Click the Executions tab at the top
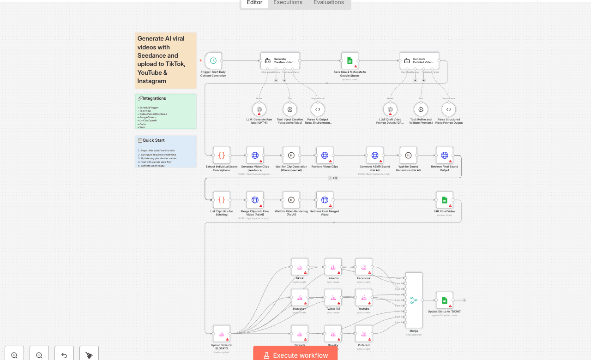[288, 3]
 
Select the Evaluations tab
[328, 3]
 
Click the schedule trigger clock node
[213, 60]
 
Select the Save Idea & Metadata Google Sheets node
[350, 60]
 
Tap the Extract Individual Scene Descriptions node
[222, 155]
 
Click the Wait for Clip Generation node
[291, 155]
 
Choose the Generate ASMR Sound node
[374, 155]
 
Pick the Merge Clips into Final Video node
[255, 200]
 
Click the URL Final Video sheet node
[444, 200]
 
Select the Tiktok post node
[300, 267]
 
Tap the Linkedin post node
[333, 267]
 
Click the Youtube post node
[363, 297]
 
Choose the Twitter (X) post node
[333, 297]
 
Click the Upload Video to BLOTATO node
[222, 333]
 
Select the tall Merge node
[414, 300]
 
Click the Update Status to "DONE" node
[444, 300]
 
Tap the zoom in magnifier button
[14, 355]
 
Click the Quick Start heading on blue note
[153, 140]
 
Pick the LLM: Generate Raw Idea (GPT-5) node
[259, 109]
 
